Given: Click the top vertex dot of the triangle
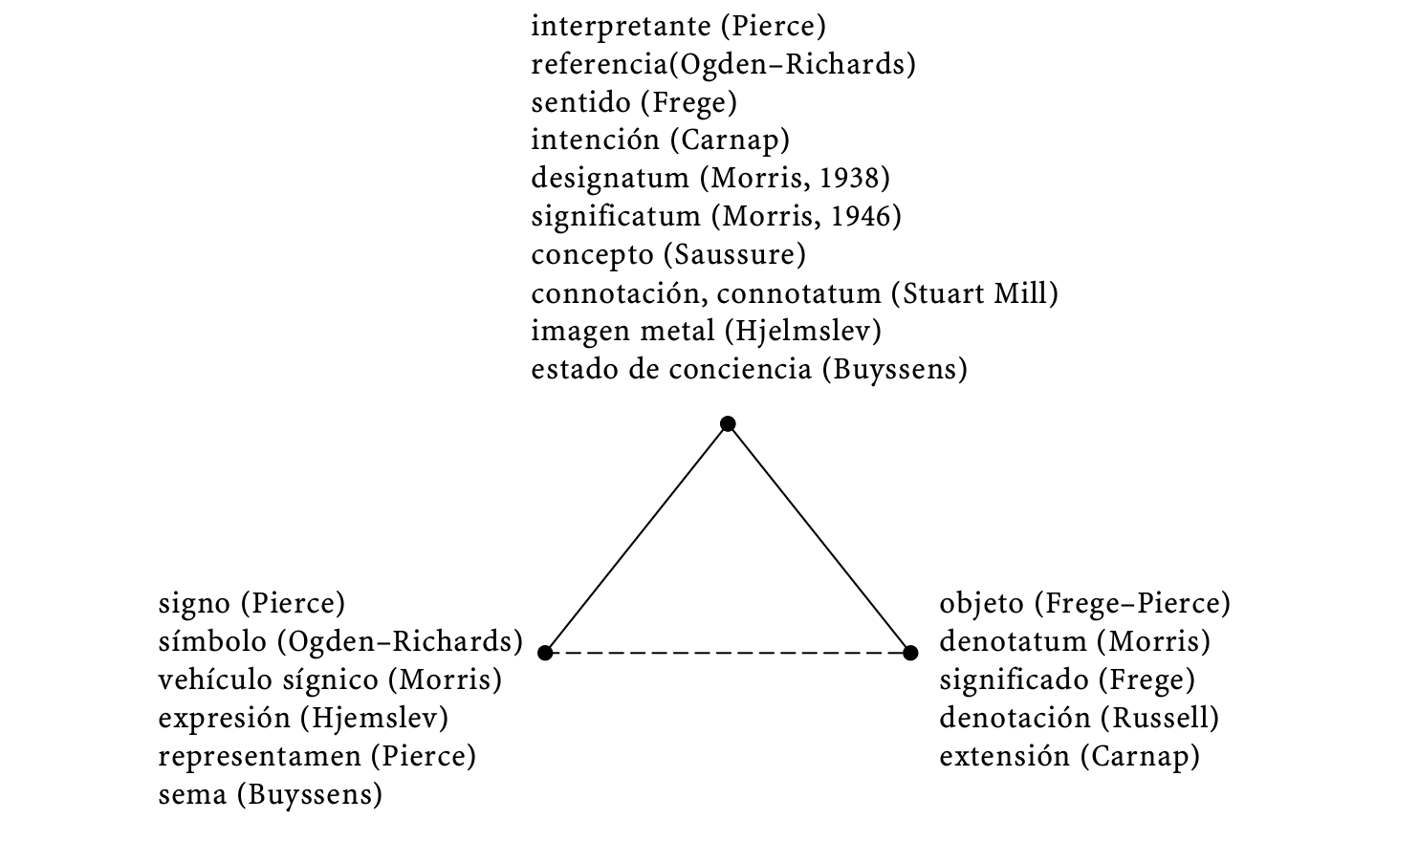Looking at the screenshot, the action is pos(728,423).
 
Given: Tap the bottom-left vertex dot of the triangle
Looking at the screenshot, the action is pos(545,653).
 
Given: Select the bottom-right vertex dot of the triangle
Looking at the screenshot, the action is pos(910,653).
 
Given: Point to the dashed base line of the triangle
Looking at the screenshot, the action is pos(728,653).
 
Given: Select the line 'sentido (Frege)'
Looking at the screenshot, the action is pos(634,102).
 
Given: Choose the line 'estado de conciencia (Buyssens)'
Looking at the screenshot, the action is pos(749,370).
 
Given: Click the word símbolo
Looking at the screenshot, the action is pos(212,641).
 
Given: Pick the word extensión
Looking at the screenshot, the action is pos(1004,756).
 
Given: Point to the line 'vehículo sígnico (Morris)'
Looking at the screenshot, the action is pos(330,680).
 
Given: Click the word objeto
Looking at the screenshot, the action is pos(981,604).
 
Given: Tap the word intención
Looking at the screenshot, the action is pos(595,140).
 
